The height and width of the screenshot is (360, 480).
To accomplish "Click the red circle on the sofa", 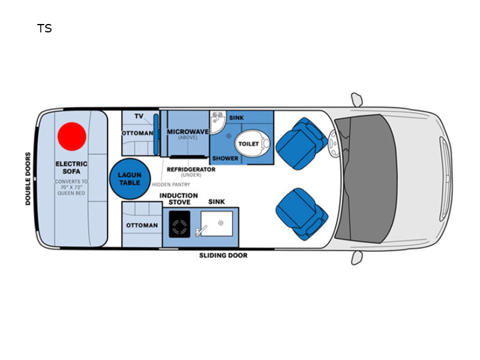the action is point(72,137).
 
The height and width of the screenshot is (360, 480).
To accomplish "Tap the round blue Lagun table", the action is point(130,179).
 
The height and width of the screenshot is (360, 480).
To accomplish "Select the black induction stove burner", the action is point(179,224).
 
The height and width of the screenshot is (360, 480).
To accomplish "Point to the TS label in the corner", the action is point(44,28).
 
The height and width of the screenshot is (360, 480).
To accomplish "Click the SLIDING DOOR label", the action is point(223,256).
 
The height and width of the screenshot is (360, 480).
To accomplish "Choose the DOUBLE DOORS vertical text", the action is point(28,179).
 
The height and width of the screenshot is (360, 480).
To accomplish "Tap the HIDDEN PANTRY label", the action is point(171,185).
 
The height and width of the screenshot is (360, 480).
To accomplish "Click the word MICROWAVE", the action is point(188,131).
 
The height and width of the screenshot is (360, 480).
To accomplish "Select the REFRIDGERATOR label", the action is point(191,169).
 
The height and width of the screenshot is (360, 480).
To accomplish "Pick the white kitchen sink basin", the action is point(217,224).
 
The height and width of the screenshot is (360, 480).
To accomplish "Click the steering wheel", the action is point(334,143).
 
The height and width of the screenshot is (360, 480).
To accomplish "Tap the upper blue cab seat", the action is point(301,143).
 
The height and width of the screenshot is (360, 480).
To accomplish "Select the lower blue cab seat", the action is point(302,214).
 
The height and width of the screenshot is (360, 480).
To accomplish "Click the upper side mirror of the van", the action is point(357,100).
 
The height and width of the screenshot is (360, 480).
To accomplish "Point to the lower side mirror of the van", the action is point(357,258).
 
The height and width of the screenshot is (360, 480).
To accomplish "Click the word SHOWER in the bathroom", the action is point(226,158).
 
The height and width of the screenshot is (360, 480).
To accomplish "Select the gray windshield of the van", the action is point(366,179).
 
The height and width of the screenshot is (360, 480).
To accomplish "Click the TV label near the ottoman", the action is point(139,116).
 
